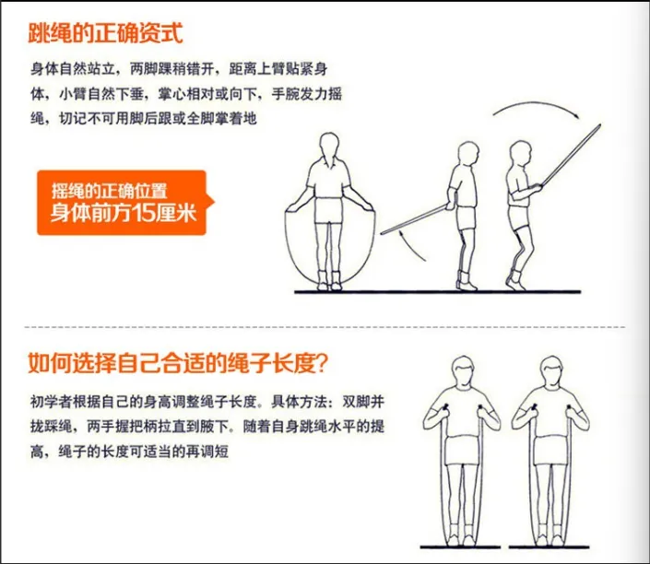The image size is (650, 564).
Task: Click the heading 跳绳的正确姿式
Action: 107,34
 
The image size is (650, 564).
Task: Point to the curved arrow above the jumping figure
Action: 535,112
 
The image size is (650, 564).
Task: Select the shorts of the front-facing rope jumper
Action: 329,211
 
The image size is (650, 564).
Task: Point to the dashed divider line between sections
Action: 323,326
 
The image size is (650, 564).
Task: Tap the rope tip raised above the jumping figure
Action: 597,128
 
